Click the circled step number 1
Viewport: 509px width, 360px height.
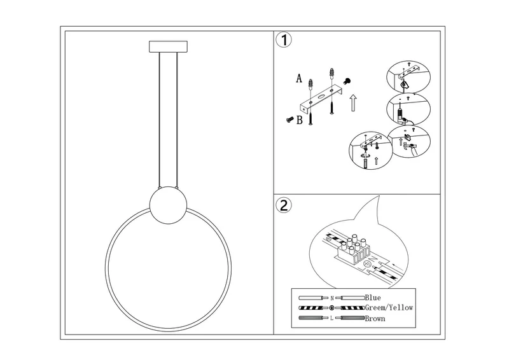pos(284,41)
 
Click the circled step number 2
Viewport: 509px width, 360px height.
pos(284,205)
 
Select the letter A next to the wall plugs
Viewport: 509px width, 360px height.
pos(298,79)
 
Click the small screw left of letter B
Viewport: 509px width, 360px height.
pos(288,118)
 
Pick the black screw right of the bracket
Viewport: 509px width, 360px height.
pos(348,81)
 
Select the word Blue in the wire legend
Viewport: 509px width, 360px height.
pos(373,297)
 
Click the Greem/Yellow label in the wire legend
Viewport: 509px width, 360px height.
pos(389,307)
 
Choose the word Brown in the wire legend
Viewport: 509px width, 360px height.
pos(375,318)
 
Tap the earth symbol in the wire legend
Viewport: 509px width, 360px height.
pos(332,308)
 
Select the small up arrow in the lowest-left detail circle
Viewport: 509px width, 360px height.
pos(377,162)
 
